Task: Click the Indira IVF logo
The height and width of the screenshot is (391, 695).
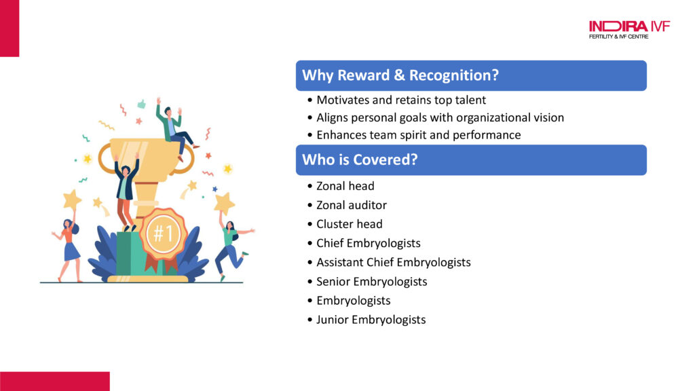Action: (x=629, y=30)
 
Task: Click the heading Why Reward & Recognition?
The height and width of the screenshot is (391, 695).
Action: (x=400, y=75)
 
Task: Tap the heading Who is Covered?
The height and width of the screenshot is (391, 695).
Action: (x=360, y=160)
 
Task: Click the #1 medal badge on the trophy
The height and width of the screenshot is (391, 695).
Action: (x=164, y=234)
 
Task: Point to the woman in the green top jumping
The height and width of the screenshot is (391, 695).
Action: (x=232, y=248)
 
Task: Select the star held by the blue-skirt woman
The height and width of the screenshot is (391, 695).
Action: (x=72, y=200)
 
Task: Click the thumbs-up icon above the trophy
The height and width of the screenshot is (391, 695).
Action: (x=141, y=104)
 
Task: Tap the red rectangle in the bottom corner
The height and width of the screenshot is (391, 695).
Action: (x=54, y=381)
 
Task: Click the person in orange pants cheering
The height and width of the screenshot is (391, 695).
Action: (x=126, y=193)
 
